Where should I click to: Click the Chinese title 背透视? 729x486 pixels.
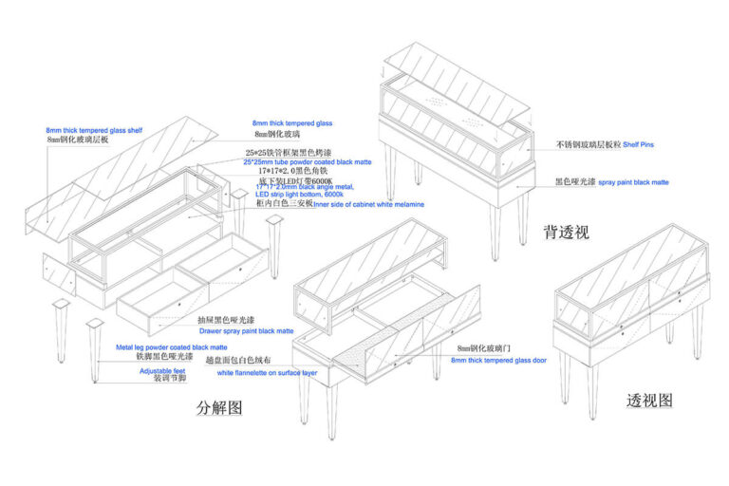[x=566, y=232]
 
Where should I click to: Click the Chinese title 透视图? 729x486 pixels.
[x=650, y=400]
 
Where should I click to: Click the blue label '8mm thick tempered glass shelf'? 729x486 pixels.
[x=94, y=129]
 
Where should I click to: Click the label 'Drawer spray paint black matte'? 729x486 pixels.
[x=246, y=331]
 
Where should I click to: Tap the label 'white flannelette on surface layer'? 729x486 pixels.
[x=268, y=373]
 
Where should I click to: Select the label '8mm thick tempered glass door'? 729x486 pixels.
[x=498, y=361]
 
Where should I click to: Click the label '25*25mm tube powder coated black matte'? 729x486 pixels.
[x=306, y=162]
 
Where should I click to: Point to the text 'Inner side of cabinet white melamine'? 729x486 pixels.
[x=368, y=204]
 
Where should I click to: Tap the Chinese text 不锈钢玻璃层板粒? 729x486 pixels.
[x=588, y=144]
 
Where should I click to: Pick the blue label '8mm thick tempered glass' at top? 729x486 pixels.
[x=291, y=123]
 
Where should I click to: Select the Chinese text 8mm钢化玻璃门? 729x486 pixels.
[x=484, y=349]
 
